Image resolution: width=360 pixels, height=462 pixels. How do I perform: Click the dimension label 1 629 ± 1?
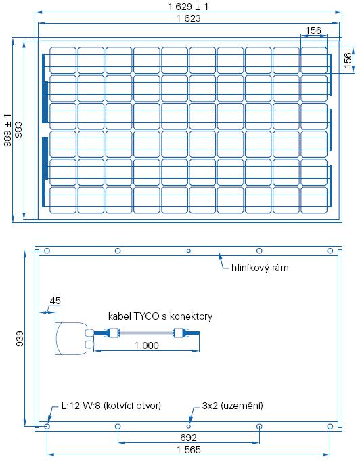tap(188, 7)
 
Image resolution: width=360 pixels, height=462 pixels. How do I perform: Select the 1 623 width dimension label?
tap(188, 18)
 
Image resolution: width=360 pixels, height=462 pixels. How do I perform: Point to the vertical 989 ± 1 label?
tap(7, 130)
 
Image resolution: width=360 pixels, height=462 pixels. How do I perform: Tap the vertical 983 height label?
tap(18, 129)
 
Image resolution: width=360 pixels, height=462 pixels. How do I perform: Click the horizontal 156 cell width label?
tap(313, 30)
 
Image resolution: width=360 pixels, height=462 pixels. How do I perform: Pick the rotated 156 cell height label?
tap(348, 60)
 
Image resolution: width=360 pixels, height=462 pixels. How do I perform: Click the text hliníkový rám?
tap(260, 268)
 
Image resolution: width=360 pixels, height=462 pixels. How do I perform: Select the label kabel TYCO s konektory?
tap(160, 316)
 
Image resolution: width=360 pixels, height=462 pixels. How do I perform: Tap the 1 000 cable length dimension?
tap(147, 345)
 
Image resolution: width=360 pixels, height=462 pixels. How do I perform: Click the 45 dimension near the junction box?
tap(55, 301)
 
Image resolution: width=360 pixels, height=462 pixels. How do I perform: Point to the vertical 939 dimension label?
tap(20, 338)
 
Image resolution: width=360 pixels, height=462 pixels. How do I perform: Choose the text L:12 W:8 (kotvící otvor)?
tap(111, 406)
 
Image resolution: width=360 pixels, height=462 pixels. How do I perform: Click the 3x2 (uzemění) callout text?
tap(232, 406)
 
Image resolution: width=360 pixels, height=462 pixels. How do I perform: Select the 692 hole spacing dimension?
tap(188, 438)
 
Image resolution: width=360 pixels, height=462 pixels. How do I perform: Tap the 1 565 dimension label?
tap(188, 450)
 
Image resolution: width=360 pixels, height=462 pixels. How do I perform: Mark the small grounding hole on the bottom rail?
tap(188, 426)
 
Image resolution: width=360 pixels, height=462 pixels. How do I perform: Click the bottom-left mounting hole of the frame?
tap(47, 426)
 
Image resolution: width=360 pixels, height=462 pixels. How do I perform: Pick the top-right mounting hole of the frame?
tap(330, 251)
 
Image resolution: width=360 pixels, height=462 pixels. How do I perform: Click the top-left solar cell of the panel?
tap(63, 60)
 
